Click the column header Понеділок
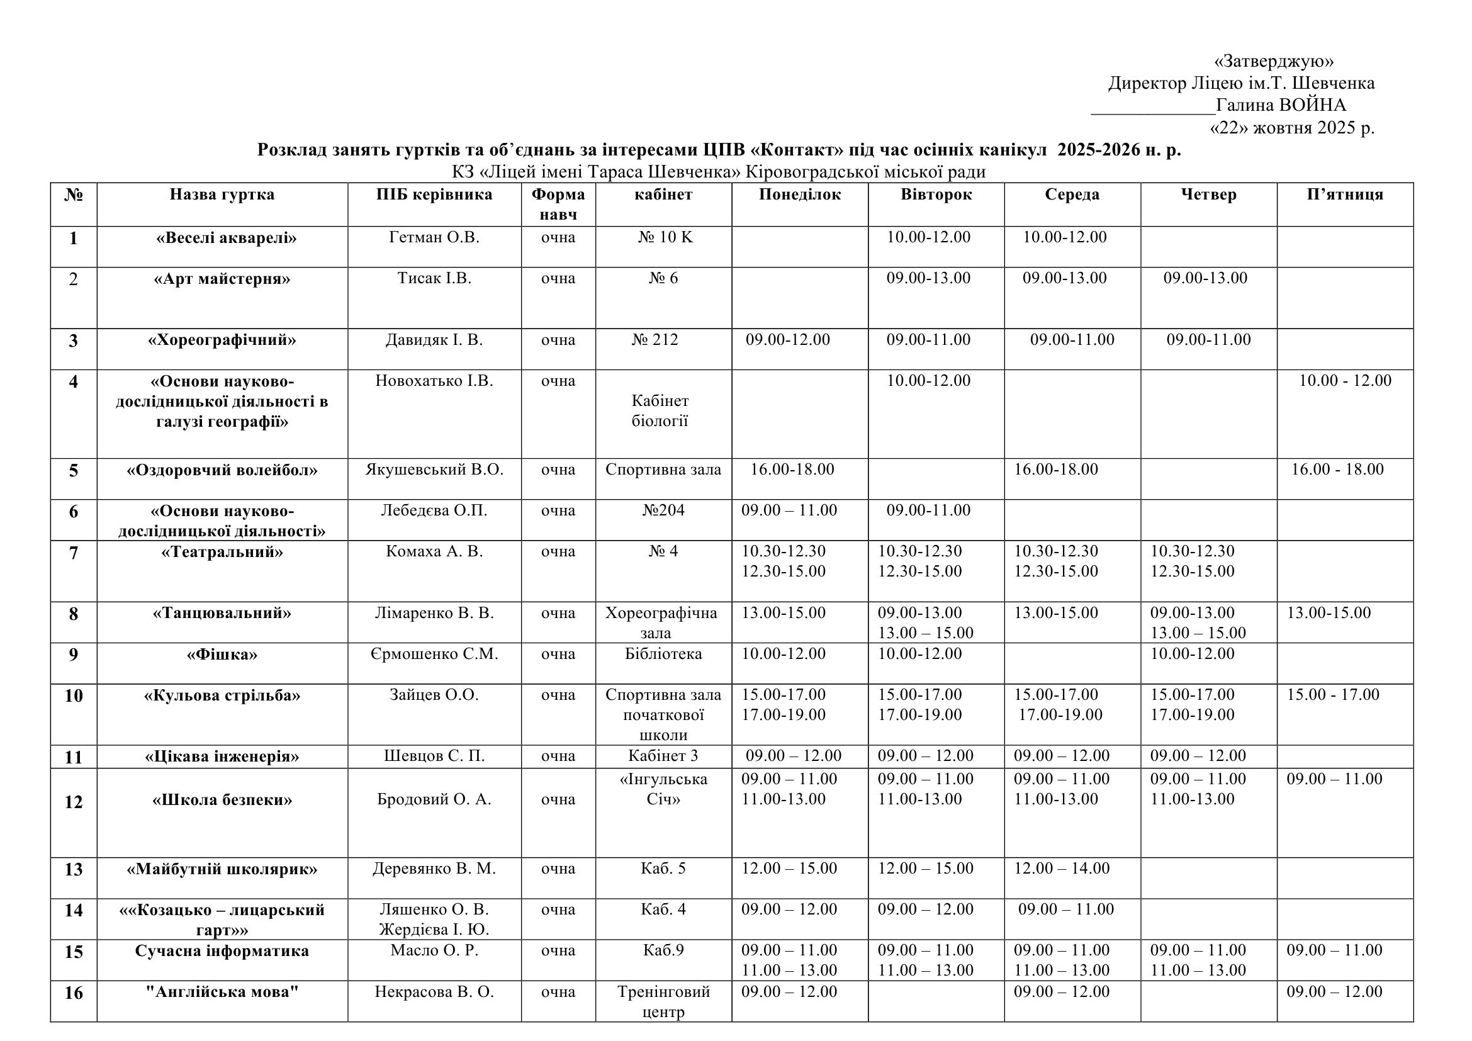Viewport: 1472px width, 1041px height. click(x=799, y=194)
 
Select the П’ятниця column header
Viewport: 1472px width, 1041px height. click(x=1344, y=194)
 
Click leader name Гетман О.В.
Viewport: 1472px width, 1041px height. click(x=434, y=237)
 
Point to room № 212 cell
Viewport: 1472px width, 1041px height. click(x=655, y=340)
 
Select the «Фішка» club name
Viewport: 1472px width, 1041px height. click(x=222, y=655)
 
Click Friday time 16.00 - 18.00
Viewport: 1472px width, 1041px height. click(x=1337, y=470)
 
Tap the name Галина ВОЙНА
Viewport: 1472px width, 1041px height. click(x=1280, y=105)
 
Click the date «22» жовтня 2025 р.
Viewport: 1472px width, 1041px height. click(x=1291, y=128)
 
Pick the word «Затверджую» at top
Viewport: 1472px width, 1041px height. click(x=1274, y=61)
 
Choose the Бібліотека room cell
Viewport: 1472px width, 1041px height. click(x=663, y=654)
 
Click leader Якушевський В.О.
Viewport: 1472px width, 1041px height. click(x=434, y=470)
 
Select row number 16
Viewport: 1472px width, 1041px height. click(x=74, y=993)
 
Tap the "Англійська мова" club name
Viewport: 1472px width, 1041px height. click(x=222, y=992)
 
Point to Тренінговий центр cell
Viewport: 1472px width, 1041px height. click(x=663, y=1001)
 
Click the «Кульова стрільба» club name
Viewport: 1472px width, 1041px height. click(x=222, y=695)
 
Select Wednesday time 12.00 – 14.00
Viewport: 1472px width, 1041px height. click(x=1061, y=869)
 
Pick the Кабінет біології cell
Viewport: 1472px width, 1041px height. click(x=660, y=411)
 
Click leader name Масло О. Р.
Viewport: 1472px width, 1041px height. click(x=434, y=950)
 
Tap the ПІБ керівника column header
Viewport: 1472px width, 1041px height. click(x=434, y=194)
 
